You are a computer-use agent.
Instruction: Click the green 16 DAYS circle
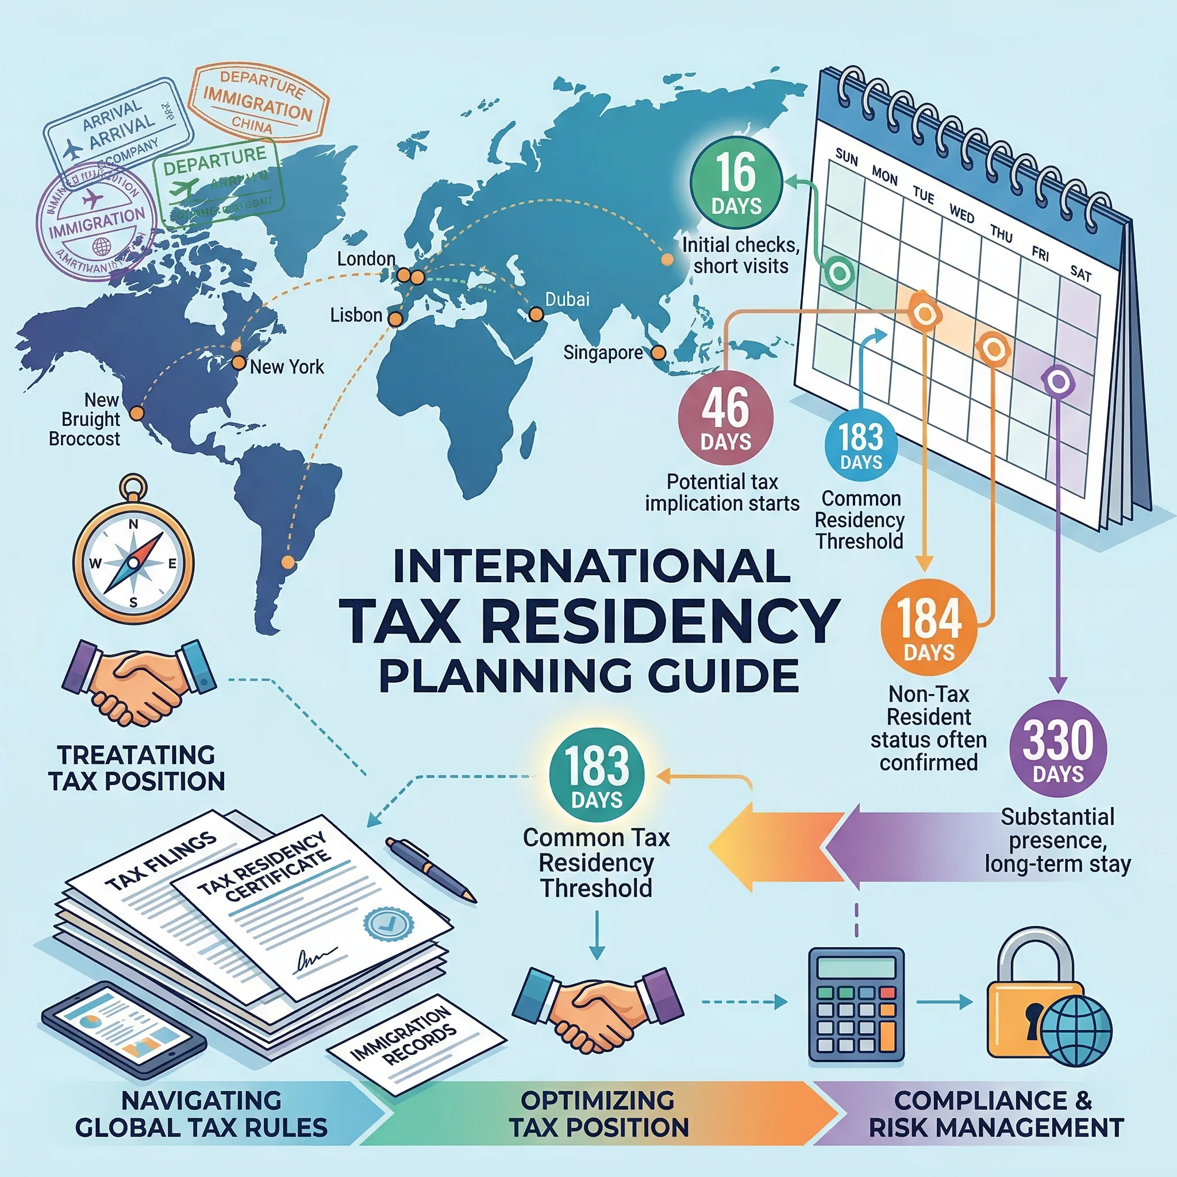(736, 183)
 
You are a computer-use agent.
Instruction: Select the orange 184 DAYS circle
(929, 627)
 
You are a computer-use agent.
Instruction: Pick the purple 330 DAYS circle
(1057, 748)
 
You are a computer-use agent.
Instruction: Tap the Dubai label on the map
(567, 299)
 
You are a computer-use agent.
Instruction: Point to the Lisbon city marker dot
(395, 318)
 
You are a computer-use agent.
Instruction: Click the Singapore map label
(602, 352)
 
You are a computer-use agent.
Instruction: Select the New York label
(287, 367)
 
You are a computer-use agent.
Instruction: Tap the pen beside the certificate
(430, 869)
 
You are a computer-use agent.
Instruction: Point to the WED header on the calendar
(961, 214)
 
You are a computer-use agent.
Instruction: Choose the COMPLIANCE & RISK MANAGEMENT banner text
(995, 1114)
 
